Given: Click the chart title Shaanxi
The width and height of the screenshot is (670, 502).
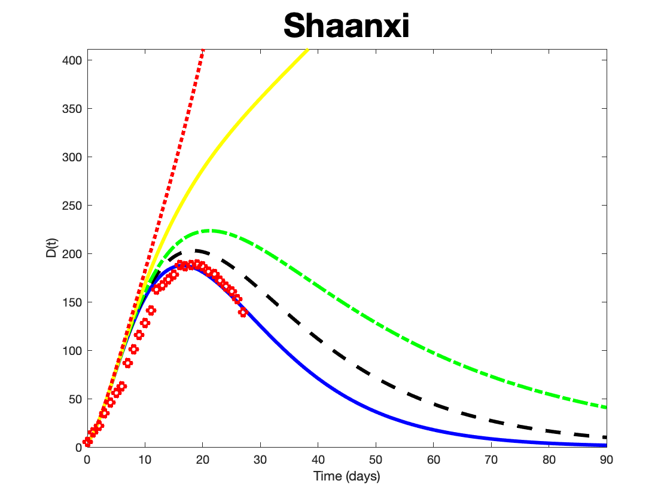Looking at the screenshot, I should click(346, 26).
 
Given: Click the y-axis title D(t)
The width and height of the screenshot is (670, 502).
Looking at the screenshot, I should click(53, 247).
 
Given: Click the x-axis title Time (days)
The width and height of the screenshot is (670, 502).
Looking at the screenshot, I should click(347, 476).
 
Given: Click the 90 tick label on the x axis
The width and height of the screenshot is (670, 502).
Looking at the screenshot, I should click(607, 460).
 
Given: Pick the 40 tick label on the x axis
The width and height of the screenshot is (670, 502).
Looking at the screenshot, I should click(318, 460).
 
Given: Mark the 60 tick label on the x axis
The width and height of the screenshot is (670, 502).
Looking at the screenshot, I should click(434, 460).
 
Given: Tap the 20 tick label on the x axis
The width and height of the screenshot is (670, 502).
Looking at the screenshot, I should click(203, 460).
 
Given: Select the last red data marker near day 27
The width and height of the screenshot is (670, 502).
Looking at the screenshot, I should click(243, 312).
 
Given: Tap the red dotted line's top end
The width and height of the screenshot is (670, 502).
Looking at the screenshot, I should click(203, 50).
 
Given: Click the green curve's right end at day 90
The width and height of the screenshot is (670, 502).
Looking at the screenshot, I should click(605, 408).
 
